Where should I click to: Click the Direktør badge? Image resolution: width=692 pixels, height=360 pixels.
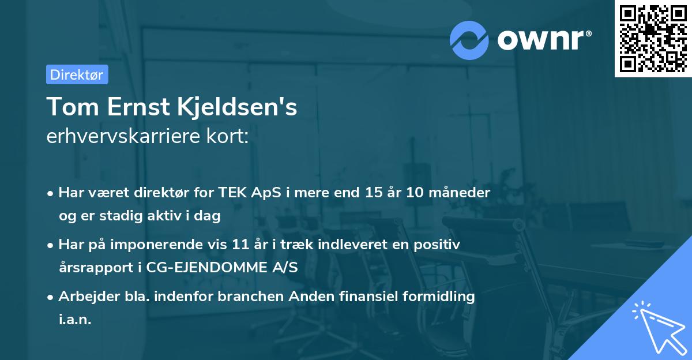[77, 74]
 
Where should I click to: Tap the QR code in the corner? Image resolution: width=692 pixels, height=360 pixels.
[653, 38]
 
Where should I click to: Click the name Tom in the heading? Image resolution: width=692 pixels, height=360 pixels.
[68, 107]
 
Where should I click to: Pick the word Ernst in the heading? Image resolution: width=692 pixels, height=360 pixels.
[133, 107]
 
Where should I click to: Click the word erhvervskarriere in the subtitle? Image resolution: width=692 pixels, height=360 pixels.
[121, 137]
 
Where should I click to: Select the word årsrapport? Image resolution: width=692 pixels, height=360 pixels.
[93, 268]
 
